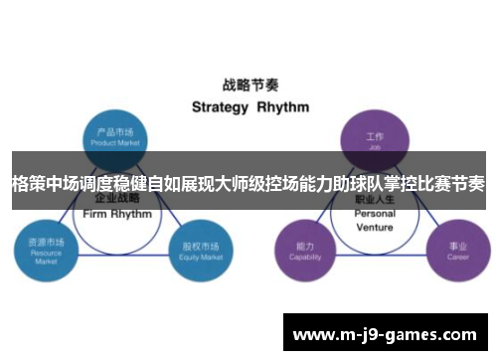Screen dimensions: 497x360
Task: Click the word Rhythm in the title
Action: click(x=282, y=106)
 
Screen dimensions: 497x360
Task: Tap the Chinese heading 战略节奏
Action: click(x=248, y=86)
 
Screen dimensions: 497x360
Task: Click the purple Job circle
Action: click(x=375, y=138)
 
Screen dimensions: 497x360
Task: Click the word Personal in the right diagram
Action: click(x=375, y=214)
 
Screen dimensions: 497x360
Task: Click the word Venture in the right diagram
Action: click(x=375, y=226)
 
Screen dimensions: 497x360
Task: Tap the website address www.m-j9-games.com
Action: click(x=389, y=332)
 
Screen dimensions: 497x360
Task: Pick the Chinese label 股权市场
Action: click(x=196, y=243)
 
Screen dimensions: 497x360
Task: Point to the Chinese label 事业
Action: click(x=457, y=244)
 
